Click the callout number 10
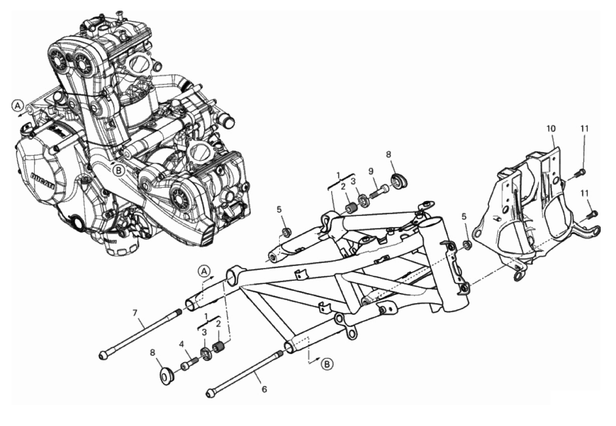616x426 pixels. (551, 128)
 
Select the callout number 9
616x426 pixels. (371, 171)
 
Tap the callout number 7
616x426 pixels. (135, 313)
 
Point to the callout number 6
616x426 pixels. (264, 389)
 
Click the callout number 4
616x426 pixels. (181, 344)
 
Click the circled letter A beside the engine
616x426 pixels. (18, 105)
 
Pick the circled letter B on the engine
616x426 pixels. (119, 171)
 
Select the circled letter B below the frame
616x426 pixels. (327, 364)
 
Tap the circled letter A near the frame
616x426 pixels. (204, 271)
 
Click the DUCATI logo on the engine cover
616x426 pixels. (43, 181)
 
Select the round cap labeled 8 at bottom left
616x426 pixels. (166, 376)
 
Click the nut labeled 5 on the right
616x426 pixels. (467, 244)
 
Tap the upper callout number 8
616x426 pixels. (388, 154)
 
